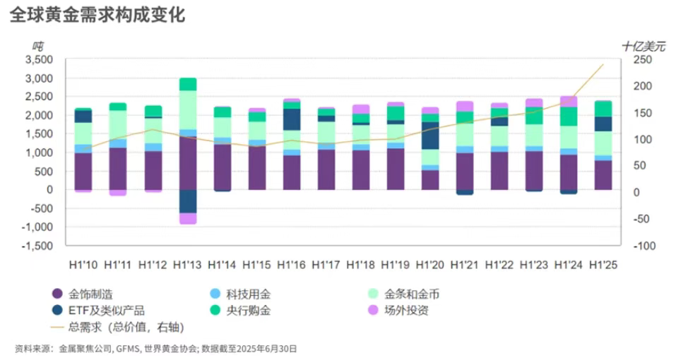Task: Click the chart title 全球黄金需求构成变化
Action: click(97, 14)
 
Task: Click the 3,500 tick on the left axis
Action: click(39, 59)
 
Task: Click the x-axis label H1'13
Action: click(187, 265)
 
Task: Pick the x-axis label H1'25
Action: click(603, 265)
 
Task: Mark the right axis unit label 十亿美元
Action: click(643, 46)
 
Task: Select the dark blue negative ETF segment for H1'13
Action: click(187, 201)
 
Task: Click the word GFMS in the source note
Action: click(127, 348)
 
